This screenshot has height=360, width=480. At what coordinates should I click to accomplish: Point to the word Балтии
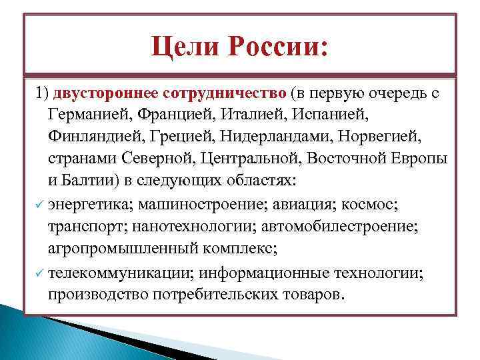[87, 181]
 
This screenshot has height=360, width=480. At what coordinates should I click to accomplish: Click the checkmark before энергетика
[39, 203]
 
